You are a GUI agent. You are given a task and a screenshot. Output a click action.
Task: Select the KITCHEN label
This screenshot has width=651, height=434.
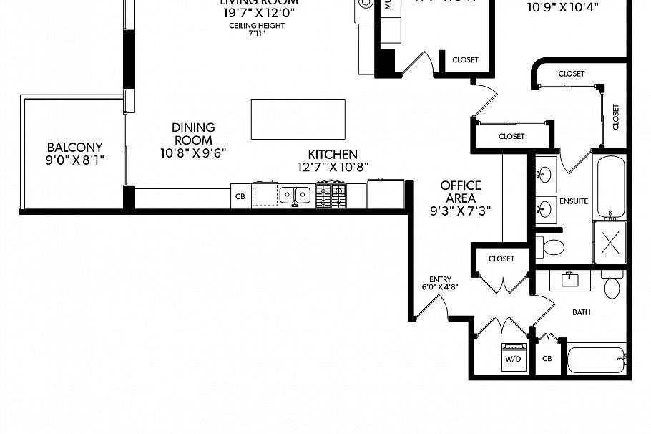(332, 155)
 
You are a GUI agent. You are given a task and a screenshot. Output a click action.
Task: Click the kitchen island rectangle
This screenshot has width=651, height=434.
(298, 119)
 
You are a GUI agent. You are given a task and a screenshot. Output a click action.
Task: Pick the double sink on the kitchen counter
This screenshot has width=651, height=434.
(294, 194)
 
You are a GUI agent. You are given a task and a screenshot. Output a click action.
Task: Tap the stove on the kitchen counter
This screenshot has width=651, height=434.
(331, 195)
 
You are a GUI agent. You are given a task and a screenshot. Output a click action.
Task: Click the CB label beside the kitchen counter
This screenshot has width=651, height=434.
(240, 196)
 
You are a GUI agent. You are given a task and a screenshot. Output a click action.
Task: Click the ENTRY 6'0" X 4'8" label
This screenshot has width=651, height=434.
(439, 284)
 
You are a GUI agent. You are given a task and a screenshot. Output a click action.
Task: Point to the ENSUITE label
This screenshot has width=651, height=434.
(574, 201)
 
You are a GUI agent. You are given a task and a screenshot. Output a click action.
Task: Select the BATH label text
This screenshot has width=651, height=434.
(581, 312)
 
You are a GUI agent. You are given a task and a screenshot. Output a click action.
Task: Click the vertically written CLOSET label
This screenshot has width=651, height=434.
(615, 117)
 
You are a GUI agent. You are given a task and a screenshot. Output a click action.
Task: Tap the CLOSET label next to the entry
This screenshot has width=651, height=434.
(501, 259)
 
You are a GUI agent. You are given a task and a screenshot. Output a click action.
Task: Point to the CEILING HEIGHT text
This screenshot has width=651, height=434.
(247, 26)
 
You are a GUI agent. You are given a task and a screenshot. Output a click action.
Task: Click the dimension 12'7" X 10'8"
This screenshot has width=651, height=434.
(332, 168)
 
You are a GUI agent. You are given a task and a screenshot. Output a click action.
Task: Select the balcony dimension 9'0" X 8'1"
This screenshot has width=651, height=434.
(75, 160)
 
